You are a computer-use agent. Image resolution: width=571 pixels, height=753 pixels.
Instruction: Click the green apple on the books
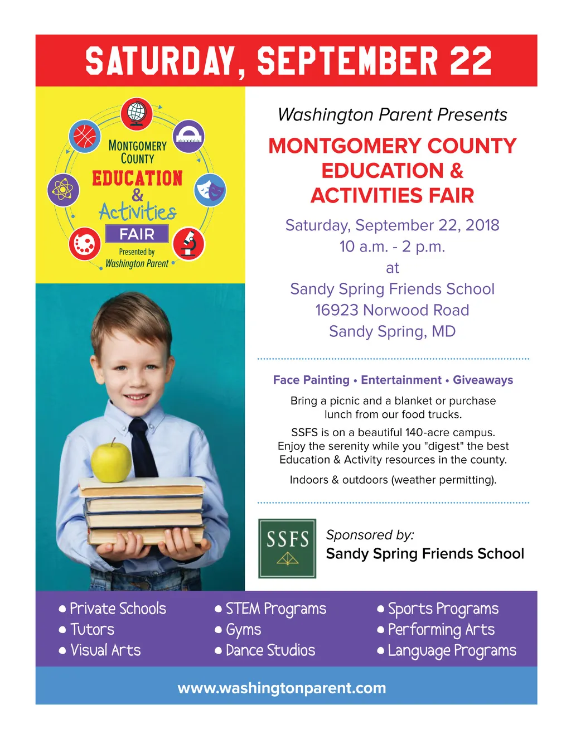(111, 461)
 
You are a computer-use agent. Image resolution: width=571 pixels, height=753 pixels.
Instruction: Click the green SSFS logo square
(287, 548)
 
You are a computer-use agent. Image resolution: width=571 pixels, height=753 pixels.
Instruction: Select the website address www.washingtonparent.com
(282, 688)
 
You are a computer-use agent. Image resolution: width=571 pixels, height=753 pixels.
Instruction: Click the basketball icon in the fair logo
(85, 136)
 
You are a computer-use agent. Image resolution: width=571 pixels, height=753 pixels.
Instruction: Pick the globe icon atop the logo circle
(137, 113)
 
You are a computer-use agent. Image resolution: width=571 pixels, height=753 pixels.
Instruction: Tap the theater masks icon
(210, 190)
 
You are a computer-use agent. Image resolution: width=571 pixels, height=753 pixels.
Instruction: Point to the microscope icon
(189, 244)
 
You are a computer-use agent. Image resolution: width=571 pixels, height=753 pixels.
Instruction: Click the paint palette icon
(85, 244)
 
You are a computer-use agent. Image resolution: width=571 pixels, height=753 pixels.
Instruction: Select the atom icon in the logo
(63, 189)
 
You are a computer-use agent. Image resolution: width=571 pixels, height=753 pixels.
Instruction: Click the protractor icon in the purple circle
(189, 136)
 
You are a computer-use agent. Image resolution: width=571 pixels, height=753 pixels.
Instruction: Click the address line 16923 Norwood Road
(392, 310)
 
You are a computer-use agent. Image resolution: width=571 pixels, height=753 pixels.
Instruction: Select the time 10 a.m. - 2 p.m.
(392, 247)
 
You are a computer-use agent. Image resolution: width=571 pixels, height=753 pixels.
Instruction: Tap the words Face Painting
(311, 380)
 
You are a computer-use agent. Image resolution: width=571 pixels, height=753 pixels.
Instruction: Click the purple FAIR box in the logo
(137, 234)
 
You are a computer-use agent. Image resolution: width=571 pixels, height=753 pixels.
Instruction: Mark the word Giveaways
(483, 380)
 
